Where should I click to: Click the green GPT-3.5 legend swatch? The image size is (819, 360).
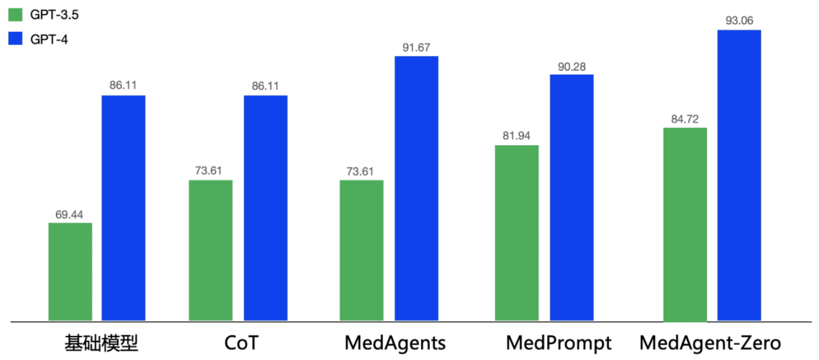click(x=16, y=14)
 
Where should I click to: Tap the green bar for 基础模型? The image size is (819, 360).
click(x=70, y=272)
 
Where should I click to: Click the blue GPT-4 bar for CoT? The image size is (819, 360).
click(x=266, y=208)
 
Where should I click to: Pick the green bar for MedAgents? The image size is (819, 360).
click(x=361, y=250)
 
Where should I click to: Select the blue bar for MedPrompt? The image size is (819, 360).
click(x=571, y=197)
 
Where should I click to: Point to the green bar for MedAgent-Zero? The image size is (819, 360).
click(x=685, y=224)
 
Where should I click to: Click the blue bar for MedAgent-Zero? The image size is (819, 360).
click(x=739, y=175)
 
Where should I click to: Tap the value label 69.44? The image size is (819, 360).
click(x=70, y=214)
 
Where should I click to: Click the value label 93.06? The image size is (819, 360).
click(x=739, y=21)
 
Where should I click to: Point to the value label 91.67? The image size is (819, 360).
click(x=416, y=48)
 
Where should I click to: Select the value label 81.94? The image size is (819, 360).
click(x=517, y=136)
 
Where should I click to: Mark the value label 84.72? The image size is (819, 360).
click(x=685, y=119)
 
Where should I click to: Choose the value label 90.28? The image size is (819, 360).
click(x=571, y=66)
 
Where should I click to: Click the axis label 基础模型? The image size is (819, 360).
click(x=101, y=343)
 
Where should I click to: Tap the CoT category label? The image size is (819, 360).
click(x=241, y=343)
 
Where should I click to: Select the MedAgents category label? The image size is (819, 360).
click(x=395, y=343)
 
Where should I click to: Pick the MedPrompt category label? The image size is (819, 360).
click(x=558, y=343)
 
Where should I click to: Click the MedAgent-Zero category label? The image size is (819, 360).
click(x=710, y=343)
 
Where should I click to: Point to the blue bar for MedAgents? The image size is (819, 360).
click(x=416, y=188)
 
